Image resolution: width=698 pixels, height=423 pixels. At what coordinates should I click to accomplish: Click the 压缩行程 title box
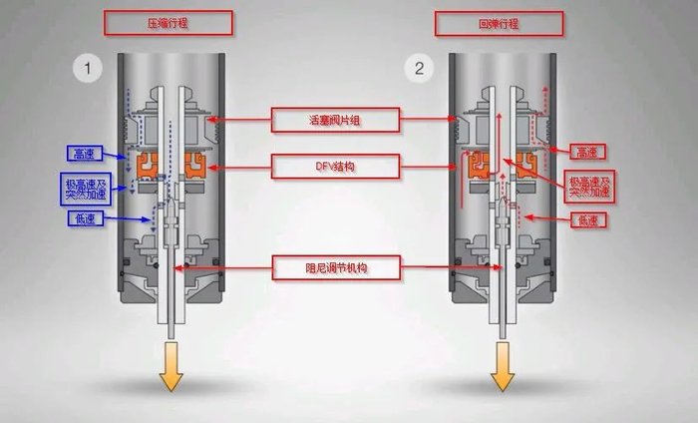pyautogui.click(x=168, y=22)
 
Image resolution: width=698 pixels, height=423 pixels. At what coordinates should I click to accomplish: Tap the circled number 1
pyautogui.click(x=88, y=69)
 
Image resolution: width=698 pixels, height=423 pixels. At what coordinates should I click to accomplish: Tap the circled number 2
pyautogui.click(x=420, y=69)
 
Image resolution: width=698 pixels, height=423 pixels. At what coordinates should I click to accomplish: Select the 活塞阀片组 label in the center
pyautogui.click(x=335, y=121)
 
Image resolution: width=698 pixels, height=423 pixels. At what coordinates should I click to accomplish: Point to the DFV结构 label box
pyautogui.click(x=335, y=166)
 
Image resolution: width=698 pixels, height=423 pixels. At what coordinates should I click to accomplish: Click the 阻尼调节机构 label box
pyautogui.click(x=335, y=266)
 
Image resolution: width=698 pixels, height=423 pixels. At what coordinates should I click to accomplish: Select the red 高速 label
pyautogui.click(x=586, y=152)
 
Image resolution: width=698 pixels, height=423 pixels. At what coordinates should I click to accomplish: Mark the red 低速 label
pyautogui.click(x=586, y=218)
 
